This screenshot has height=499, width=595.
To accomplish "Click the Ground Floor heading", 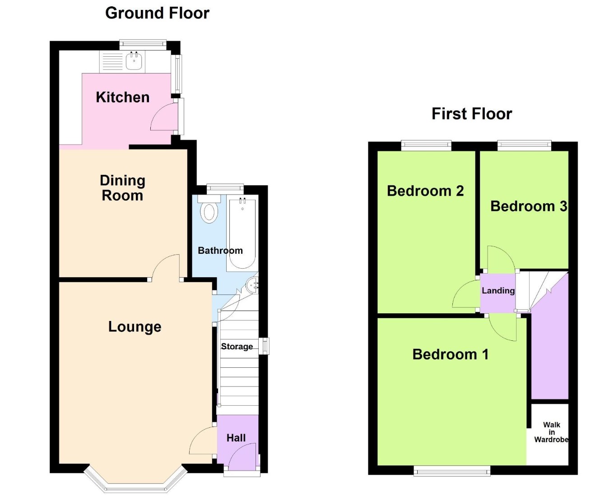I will click(x=157, y=13).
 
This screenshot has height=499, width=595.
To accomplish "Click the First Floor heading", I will click(x=471, y=114).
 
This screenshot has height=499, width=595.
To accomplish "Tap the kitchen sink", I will click(x=134, y=61).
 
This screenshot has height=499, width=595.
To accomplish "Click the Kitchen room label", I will click(x=122, y=97).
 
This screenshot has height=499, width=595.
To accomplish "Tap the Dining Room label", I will click(x=122, y=188).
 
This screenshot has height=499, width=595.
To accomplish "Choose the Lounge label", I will click(x=135, y=326).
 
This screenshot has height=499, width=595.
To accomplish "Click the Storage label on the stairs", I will click(x=237, y=346).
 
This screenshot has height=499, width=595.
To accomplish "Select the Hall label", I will click(x=236, y=438).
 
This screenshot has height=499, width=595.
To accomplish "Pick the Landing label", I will click(x=498, y=291).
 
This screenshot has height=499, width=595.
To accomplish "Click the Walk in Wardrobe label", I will click(x=551, y=432).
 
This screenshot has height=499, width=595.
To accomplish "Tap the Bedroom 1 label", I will click(x=450, y=354).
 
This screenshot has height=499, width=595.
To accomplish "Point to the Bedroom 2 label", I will click(x=425, y=191).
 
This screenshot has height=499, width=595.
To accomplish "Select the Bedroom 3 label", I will click(x=528, y=206).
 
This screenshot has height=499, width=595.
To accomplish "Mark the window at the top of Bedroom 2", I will click(x=426, y=145).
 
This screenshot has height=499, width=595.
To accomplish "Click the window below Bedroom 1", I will click(x=452, y=472).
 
